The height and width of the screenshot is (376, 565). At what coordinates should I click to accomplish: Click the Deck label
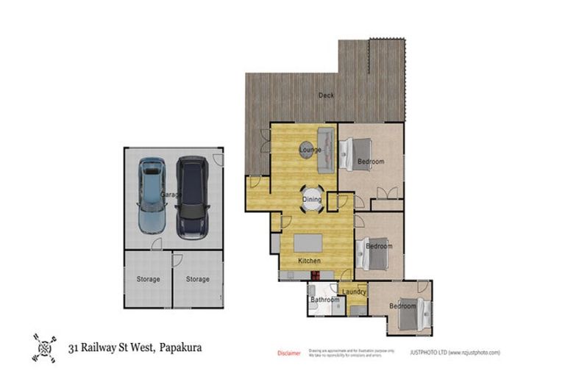326,95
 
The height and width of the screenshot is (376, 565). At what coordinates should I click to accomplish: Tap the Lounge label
310,150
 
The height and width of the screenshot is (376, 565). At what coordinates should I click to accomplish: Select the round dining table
312,199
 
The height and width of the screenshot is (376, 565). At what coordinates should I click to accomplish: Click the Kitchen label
310,261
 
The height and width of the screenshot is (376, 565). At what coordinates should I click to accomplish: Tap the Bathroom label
324,300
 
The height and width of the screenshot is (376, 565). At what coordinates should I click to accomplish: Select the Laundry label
355,292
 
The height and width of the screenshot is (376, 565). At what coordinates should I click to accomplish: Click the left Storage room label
148,279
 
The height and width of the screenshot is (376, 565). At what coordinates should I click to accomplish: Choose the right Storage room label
197,279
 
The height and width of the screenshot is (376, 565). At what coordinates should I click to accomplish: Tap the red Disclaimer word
288,353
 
